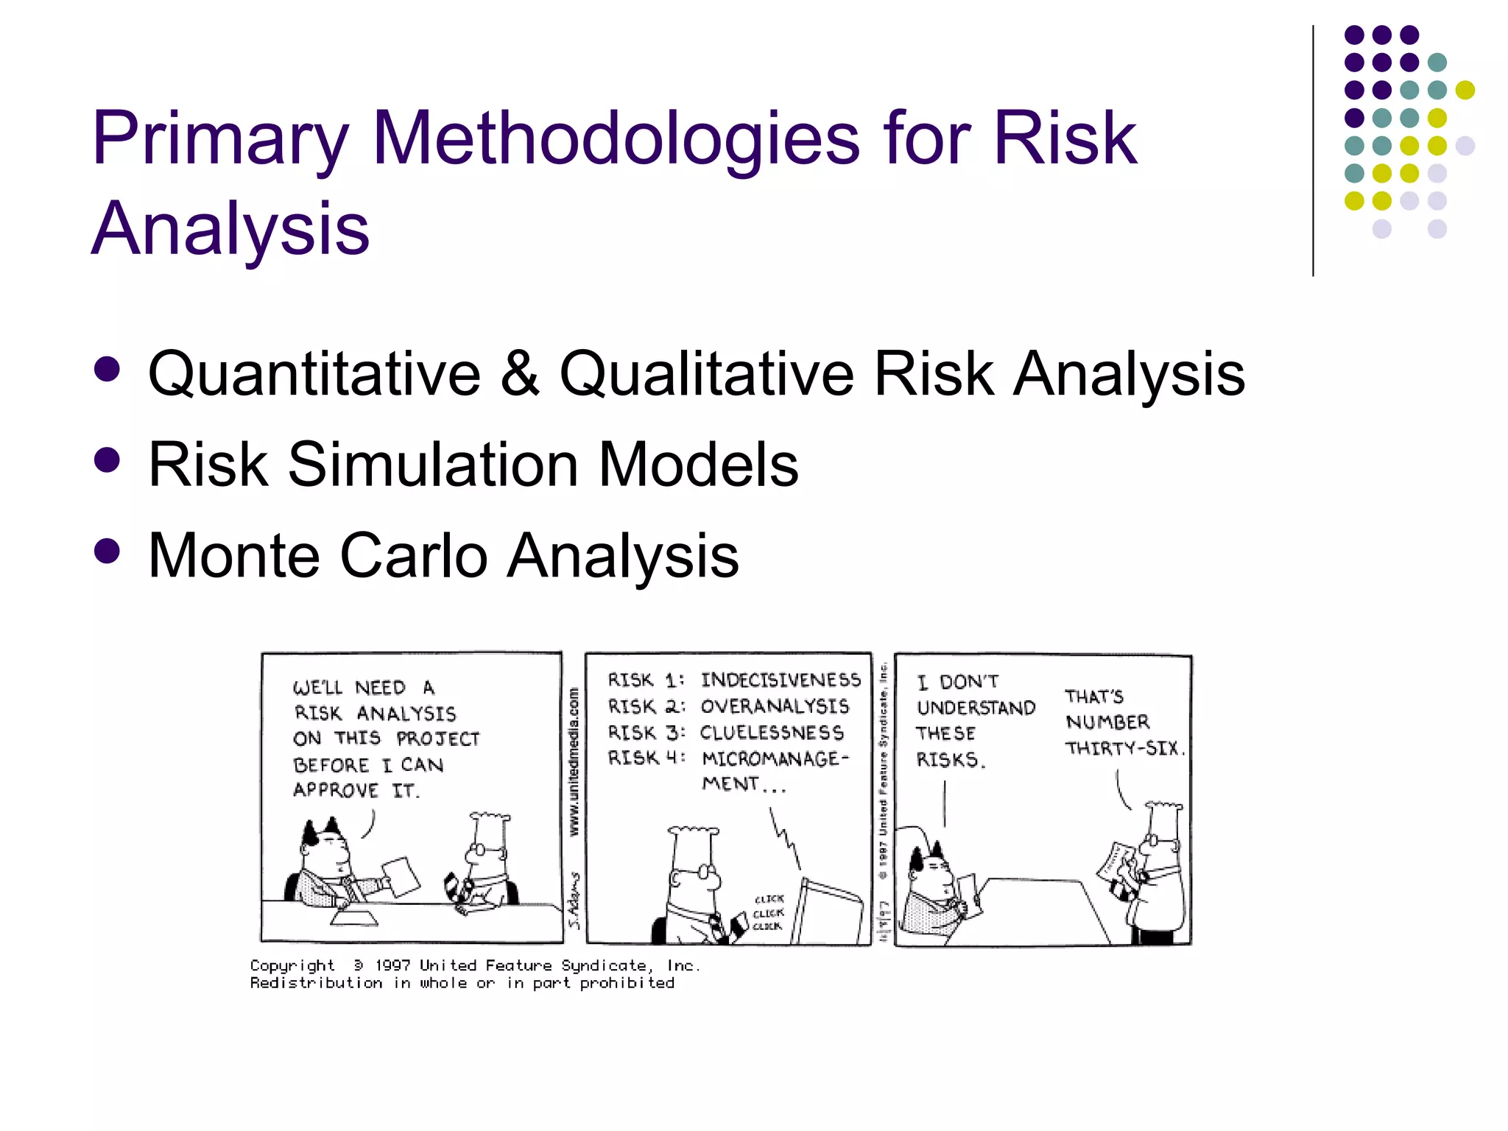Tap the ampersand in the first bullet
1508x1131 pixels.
[520, 373]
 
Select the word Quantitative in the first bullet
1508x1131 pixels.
[314, 373]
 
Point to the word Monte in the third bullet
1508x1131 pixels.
[233, 555]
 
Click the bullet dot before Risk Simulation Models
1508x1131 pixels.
[108, 460]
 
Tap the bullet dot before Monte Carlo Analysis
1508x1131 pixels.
[108, 551]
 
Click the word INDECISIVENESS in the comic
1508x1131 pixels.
[781, 679]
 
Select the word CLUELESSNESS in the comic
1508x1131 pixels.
[772, 733]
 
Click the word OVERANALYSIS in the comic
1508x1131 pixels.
[775, 706]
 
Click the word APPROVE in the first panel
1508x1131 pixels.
[336, 790]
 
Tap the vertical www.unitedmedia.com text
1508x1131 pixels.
[574, 761]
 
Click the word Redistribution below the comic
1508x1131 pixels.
[316, 983]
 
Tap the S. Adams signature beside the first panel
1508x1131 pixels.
[574, 901]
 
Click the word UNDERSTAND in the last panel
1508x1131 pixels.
[976, 708]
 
